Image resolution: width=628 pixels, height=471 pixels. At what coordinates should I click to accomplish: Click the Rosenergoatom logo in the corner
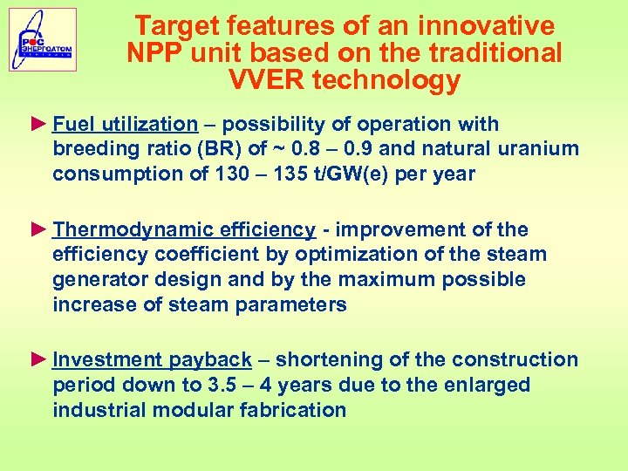point(43,39)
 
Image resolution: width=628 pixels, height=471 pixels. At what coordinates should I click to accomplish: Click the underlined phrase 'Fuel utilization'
point(125,124)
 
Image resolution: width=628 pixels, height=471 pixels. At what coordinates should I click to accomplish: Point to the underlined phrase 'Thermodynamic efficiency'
point(183,229)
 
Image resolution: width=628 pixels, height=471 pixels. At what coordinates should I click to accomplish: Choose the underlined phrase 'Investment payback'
point(152,359)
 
